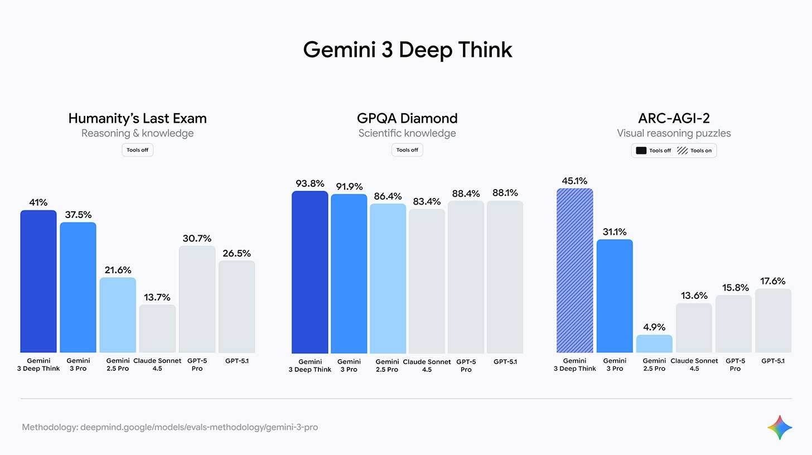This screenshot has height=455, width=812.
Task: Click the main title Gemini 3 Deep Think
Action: tap(407, 50)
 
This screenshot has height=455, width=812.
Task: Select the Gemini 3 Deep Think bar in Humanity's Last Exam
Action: tap(38, 282)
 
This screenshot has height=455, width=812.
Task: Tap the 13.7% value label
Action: tap(157, 297)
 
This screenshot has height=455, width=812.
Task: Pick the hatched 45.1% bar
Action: tap(574, 270)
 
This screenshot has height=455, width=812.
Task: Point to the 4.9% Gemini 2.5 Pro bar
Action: tap(654, 343)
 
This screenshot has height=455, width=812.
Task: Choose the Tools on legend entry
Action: tap(694, 151)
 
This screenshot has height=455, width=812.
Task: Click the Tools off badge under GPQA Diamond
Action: tap(407, 150)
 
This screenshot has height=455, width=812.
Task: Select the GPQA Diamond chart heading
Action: tap(407, 118)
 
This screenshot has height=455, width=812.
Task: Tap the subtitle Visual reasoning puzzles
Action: tap(674, 133)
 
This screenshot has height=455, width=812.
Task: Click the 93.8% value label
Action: tap(310, 183)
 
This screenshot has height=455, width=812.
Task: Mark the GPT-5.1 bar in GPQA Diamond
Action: tap(505, 277)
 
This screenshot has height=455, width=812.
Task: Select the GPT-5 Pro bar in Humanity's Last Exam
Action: tap(197, 299)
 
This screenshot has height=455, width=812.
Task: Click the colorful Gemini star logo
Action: tap(780, 428)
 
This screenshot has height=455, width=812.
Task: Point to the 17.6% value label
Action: tap(773, 281)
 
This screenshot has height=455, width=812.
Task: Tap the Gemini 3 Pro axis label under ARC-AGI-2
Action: tap(615, 365)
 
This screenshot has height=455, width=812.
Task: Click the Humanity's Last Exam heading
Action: tap(137, 118)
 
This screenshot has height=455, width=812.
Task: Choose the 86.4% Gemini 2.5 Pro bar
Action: tap(388, 279)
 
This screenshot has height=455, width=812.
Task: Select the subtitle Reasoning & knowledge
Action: tap(137, 133)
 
